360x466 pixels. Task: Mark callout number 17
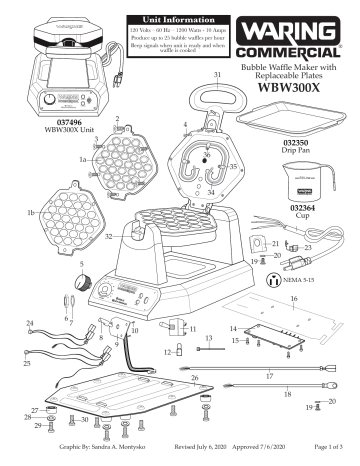coord(267,376)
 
